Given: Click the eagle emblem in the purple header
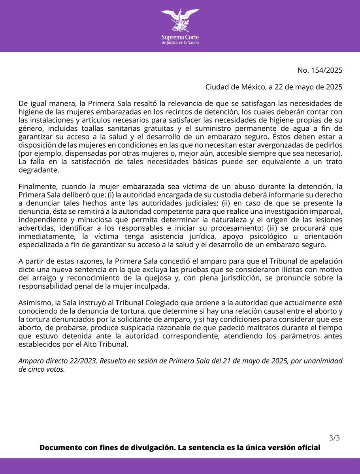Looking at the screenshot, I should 180,21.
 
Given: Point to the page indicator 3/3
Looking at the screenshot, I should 334,438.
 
